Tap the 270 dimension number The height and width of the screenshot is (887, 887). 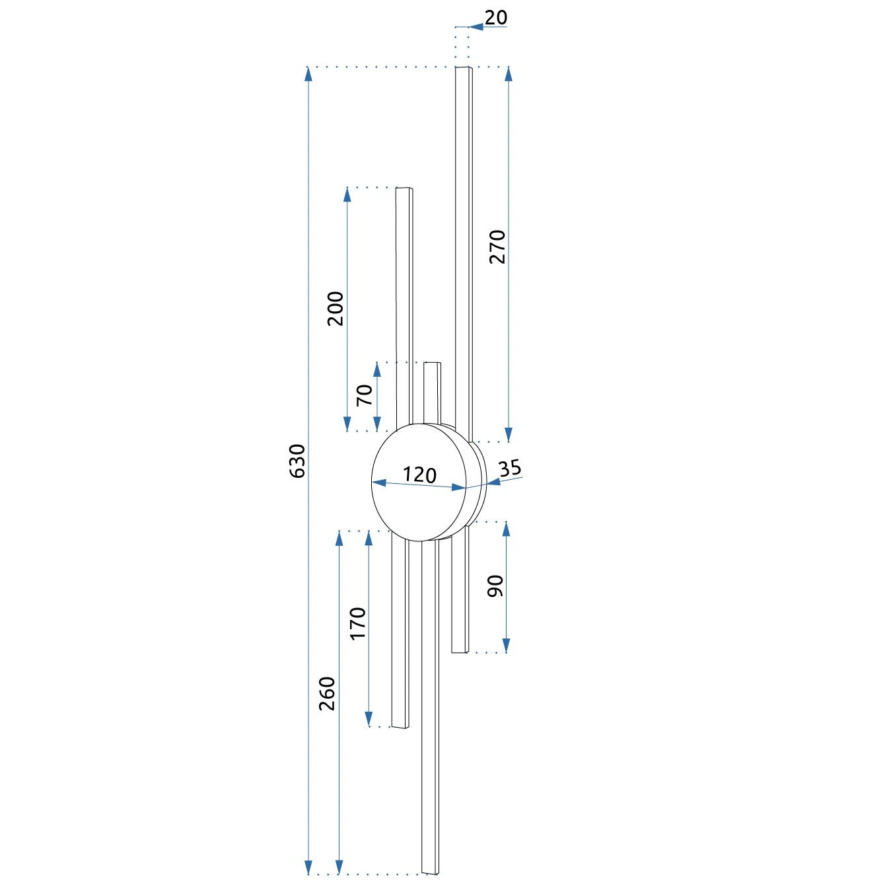pos(497,247)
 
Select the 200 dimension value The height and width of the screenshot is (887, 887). pos(336,309)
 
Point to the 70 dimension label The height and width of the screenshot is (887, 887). pos(365,395)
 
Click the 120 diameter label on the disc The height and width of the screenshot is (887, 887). pos(419,475)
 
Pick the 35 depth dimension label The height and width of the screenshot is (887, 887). pos(510,468)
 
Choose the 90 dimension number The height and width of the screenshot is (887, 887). pos(496,586)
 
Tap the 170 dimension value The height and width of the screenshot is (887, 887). pos(358,623)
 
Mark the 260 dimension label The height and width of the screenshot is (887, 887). pos(327,693)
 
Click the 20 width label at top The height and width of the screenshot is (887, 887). pos(496,17)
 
